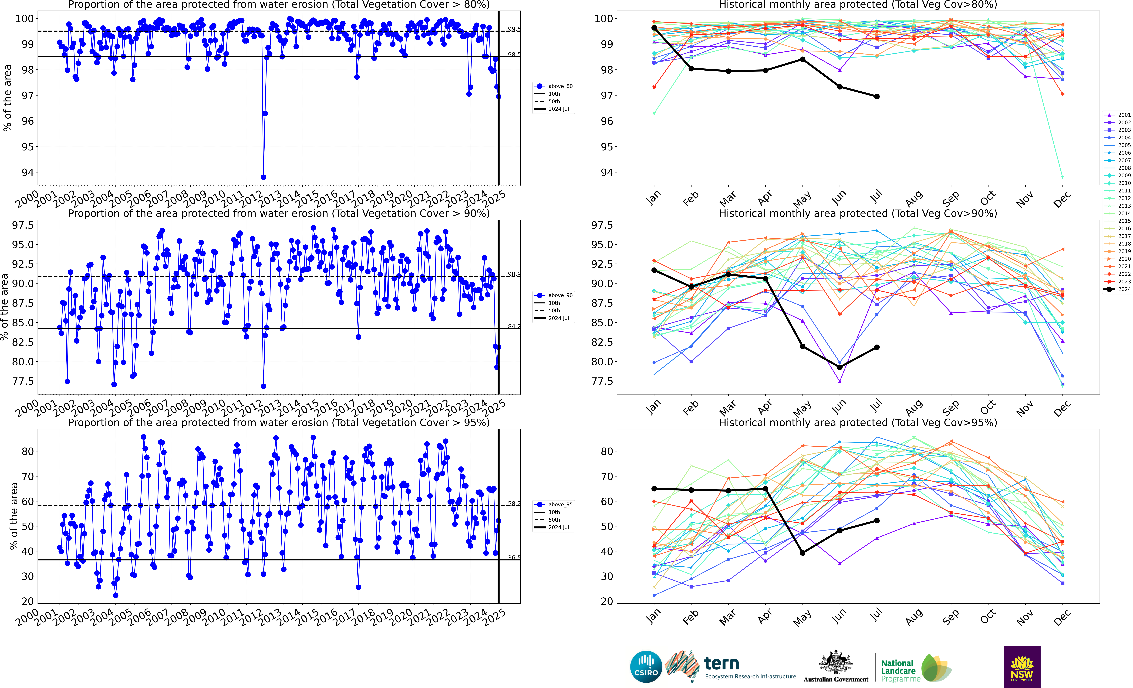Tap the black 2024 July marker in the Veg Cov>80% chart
[x=877, y=97]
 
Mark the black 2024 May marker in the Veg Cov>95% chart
[x=803, y=553]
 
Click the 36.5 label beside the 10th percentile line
[x=514, y=558]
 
